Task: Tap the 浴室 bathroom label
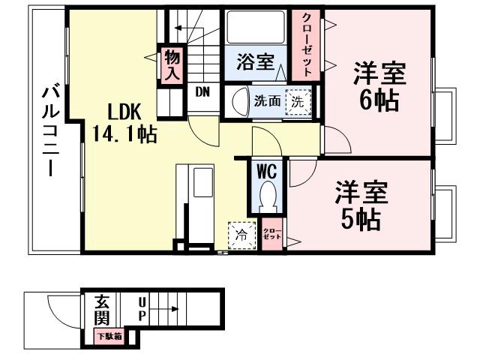click(254, 61)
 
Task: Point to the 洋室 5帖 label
click(361, 204)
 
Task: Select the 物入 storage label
click(172, 64)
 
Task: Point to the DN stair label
click(202, 92)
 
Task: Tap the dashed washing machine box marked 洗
click(298, 101)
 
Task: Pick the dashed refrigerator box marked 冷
click(241, 235)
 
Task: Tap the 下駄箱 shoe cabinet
click(109, 337)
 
